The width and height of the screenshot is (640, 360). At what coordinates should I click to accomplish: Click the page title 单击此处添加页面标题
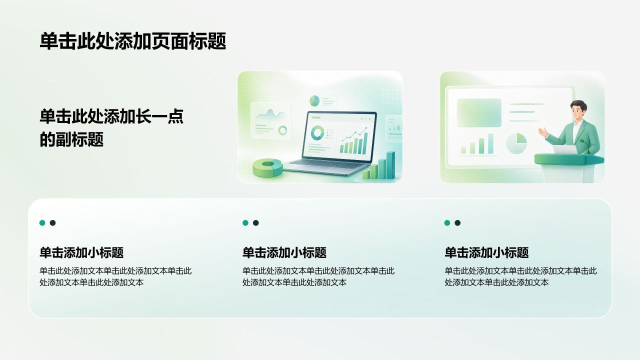click(x=133, y=41)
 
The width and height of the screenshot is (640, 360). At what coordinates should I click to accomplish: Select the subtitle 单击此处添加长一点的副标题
click(x=111, y=127)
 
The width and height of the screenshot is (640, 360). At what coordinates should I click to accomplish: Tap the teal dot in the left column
click(x=42, y=223)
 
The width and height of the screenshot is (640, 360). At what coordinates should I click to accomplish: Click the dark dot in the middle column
click(x=255, y=223)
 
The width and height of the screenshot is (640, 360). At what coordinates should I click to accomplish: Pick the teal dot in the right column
click(x=447, y=223)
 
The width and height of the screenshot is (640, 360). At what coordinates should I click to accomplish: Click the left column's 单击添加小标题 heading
click(x=81, y=252)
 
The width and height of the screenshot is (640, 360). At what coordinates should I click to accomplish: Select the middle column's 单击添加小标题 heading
click(x=284, y=252)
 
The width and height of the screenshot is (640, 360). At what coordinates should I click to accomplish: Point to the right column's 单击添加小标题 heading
click(x=486, y=252)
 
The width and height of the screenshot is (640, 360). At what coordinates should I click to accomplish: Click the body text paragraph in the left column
click(x=115, y=276)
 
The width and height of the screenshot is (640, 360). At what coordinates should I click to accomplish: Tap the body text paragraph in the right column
click(x=520, y=276)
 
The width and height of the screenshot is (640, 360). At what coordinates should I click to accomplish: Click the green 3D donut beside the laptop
click(x=267, y=167)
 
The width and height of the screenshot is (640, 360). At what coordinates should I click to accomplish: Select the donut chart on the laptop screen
click(x=317, y=133)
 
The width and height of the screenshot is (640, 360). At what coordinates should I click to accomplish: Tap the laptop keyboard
click(x=323, y=164)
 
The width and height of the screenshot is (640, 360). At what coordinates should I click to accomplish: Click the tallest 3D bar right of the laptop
click(x=390, y=165)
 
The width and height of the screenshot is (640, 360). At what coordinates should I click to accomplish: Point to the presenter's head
click(x=578, y=110)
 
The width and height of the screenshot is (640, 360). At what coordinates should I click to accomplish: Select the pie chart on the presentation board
click(x=516, y=143)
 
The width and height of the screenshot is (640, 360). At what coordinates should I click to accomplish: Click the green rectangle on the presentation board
click(x=479, y=113)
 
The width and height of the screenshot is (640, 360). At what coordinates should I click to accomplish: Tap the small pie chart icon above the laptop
click(x=314, y=101)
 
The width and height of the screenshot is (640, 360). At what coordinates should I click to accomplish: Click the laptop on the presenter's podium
click(x=565, y=149)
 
